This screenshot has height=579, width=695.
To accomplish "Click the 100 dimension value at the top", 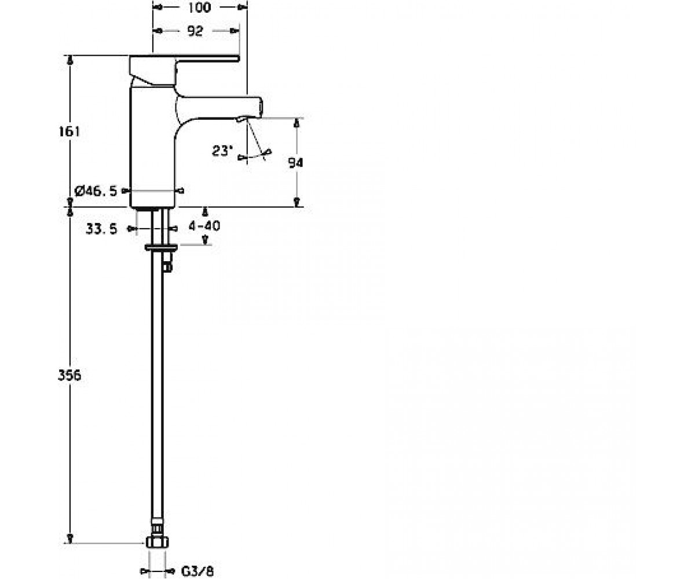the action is point(199,8).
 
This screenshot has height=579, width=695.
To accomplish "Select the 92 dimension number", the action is point(195,31).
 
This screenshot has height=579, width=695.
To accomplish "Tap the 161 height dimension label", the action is point(69,132).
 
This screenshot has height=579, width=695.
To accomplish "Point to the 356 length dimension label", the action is point(69,375).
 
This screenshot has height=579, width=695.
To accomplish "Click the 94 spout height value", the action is point(295,163).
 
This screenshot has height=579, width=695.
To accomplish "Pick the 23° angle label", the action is point(221,151).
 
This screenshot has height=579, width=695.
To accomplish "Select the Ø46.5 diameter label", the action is point(96,191).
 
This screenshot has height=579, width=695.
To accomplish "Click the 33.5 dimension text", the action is point(101,229).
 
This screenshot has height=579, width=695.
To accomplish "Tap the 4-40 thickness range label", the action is point(204,226).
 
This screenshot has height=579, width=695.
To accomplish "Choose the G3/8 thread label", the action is point(197,571).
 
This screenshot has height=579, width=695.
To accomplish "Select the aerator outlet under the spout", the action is point(242,119).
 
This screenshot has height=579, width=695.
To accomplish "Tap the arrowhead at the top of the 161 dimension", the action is point(70,60).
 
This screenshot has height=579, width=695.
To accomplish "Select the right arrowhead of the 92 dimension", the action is point(235,31).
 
